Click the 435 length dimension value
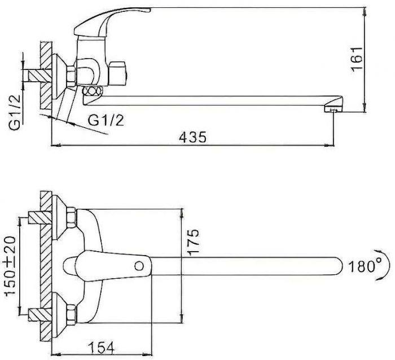coord(193,137)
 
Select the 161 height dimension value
coord(357,59)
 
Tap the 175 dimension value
coord(194,243)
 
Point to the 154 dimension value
coord(102,348)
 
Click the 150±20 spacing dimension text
coord(11,266)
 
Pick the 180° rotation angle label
coord(365,266)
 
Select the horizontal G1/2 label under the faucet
coord(106,120)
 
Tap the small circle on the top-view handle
coord(139,266)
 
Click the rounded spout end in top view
coord(339,266)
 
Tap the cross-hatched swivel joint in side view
coord(93,91)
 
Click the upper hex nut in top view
coord(71,215)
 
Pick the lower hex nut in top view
coord(71,313)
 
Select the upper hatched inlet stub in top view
coord(40,217)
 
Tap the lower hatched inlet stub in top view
coord(40,315)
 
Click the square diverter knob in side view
coord(118,73)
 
